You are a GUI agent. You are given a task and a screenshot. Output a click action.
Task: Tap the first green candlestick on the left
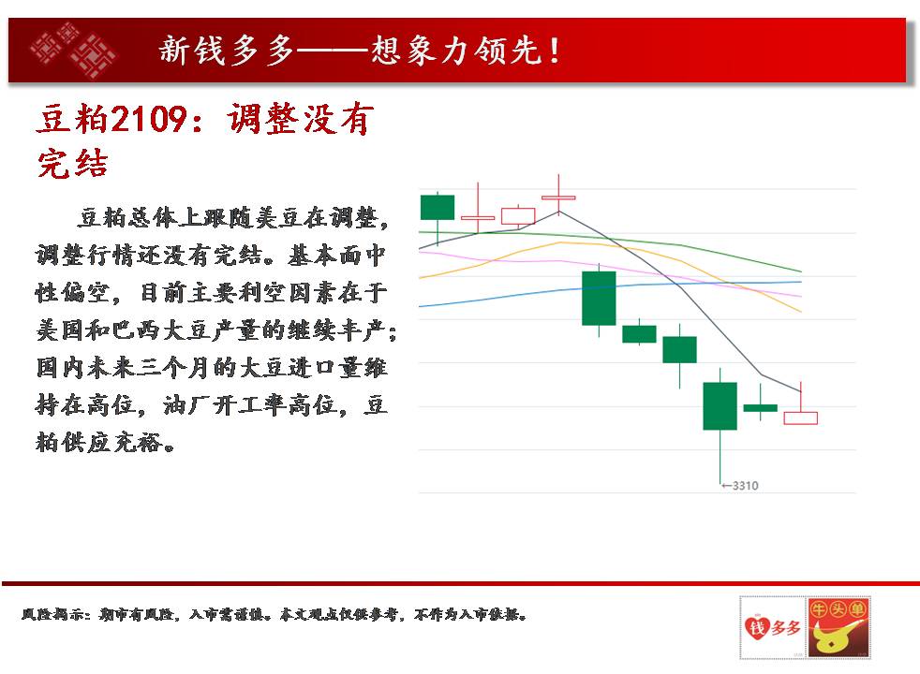pyautogui.click(x=438, y=208)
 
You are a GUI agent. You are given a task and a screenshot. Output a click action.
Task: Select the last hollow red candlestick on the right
pyautogui.click(x=800, y=418)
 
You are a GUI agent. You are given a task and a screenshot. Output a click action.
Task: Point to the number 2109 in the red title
pyautogui.click(x=148, y=119)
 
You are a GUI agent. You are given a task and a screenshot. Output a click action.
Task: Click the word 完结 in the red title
pyautogui.click(x=72, y=164)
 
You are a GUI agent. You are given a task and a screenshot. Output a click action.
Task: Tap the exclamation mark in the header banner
pyautogui.click(x=554, y=51)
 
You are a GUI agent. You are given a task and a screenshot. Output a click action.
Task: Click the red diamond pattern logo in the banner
pyautogui.click(x=73, y=50)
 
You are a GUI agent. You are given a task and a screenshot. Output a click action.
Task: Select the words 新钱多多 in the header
pyautogui.click(x=226, y=50)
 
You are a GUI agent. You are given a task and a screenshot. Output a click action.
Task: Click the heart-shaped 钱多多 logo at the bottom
pyautogui.click(x=772, y=628)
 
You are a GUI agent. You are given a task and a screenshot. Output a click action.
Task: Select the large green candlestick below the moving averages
pyautogui.click(x=599, y=299)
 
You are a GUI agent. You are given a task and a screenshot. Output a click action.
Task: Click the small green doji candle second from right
pyautogui.click(x=761, y=407)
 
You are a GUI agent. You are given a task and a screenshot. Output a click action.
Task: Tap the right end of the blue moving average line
pyautogui.click(x=801, y=282)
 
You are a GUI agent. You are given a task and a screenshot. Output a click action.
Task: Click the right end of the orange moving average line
pyautogui.click(x=801, y=311)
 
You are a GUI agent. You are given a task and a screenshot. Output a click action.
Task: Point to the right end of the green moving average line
pyautogui.click(x=801, y=271)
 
